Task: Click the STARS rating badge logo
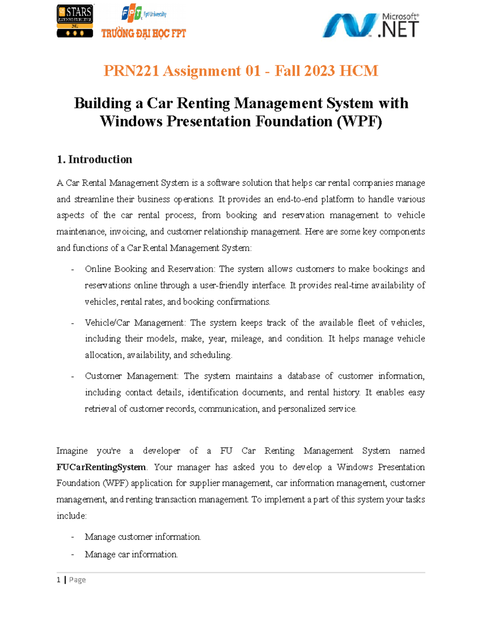pos(75,21)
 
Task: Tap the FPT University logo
pos(143,14)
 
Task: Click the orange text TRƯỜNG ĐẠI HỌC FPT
pos(143,34)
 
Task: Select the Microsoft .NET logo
pos(370,25)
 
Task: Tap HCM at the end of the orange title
pos(359,71)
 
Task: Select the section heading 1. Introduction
pos(94,160)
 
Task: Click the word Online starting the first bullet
pos(98,269)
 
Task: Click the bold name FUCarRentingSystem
pos(101,467)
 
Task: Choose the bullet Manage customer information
pos(143,537)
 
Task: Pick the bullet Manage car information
pos(131,555)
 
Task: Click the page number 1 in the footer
pos(59,580)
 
